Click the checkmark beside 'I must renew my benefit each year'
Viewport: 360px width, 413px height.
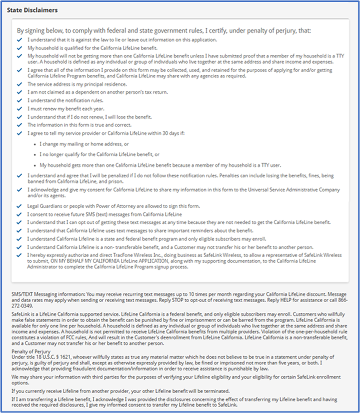coord(19,109)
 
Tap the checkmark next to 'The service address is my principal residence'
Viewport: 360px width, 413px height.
coord(19,84)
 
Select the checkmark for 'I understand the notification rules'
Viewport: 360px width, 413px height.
coord(19,101)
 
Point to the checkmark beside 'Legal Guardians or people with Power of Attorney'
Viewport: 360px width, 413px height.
coord(19,206)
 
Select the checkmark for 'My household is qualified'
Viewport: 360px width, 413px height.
coord(19,48)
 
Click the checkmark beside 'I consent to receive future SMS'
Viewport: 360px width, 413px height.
coord(19,214)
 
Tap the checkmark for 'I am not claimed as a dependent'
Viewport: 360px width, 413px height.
coord(19,92)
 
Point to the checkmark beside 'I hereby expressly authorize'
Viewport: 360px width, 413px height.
coord(19,255)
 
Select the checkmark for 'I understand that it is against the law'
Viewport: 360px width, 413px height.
coord(19,40)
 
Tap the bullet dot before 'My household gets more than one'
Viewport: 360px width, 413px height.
coord(35,165)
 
